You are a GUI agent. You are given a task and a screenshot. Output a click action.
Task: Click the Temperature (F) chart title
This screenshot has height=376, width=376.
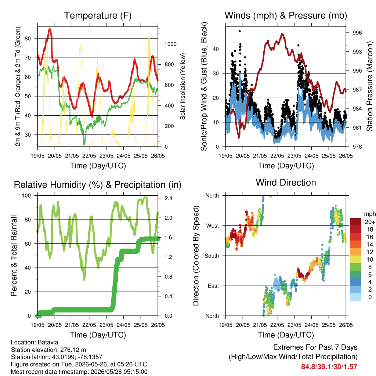tap(98, 15)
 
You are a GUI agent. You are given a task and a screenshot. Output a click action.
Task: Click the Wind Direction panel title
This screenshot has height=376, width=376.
tap(286, 182)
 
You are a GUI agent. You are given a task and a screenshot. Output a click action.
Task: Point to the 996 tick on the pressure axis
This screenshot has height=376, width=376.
tap(357, 33)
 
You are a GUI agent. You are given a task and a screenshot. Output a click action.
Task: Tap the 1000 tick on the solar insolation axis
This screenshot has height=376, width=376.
tap(170, 44)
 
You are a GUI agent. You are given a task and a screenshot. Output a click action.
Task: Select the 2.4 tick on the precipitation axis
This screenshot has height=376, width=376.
tap(168, 198)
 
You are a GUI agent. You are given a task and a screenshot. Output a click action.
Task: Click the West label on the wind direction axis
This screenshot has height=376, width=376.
tap(213, 226)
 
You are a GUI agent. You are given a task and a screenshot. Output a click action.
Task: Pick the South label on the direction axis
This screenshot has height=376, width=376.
tap(212, 256)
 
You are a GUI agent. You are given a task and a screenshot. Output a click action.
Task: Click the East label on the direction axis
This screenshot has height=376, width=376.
tap(213, 286)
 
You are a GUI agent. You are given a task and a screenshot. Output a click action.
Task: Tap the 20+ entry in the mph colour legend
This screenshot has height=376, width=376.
tap(370, 222)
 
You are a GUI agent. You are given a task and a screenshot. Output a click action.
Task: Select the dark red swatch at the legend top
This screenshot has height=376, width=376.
tap(355, 222)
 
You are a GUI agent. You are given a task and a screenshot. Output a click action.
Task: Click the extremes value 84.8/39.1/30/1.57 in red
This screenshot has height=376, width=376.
tap(329, 367)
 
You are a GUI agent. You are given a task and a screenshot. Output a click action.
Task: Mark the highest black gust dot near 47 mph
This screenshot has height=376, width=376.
tap(239, 31)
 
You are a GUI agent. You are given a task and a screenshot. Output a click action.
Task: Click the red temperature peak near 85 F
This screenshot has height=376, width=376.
tap(50, 29)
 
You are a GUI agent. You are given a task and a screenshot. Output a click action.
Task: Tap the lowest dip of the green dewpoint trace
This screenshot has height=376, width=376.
tap(84, 144)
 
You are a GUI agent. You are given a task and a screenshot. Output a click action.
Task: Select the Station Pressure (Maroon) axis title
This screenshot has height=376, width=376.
tap(369, 86)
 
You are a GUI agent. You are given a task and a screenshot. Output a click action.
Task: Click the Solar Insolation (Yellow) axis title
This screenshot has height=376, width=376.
tap(183, 86)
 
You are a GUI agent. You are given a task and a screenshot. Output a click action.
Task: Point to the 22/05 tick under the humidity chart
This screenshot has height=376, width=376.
tap(89, 325)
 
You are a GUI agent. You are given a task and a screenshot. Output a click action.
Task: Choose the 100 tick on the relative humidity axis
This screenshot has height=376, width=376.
tap(26, 195)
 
